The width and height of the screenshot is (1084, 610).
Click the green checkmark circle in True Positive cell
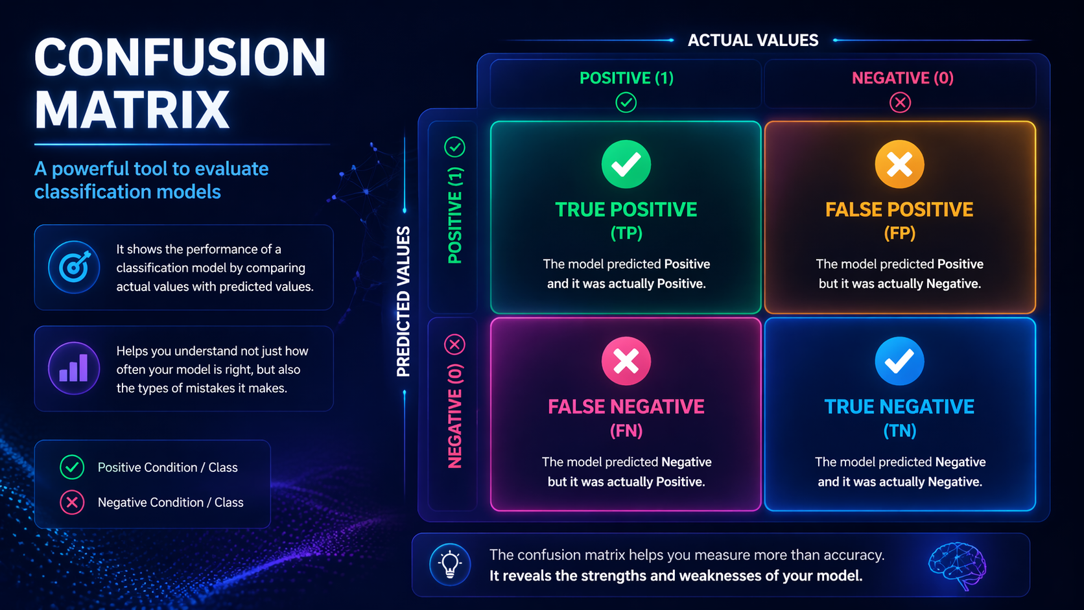626,164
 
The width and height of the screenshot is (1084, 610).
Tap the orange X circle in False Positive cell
899,164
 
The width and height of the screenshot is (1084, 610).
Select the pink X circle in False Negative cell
626,361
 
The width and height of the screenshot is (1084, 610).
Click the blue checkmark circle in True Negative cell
899,361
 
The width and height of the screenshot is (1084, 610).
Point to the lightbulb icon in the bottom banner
449,564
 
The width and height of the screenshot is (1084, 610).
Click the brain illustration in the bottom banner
957,565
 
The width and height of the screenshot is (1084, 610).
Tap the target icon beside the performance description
74,267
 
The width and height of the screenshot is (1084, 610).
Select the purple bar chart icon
74,368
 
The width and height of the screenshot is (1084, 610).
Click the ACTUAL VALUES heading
753,40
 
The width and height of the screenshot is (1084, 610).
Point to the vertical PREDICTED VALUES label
403,301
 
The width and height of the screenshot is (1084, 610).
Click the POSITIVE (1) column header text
626,78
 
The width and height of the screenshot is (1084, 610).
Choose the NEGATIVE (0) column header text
902,78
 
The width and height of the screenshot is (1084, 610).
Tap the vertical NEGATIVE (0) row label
455,416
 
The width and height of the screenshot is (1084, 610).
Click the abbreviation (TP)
626,233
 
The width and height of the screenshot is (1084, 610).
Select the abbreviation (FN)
626,430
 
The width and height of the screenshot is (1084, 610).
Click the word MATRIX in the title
132,110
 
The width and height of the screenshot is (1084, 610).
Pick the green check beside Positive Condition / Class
72,467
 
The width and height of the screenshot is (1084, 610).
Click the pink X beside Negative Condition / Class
72,502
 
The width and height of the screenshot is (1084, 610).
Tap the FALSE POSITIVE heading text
899,209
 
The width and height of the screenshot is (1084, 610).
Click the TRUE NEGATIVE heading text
899,406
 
